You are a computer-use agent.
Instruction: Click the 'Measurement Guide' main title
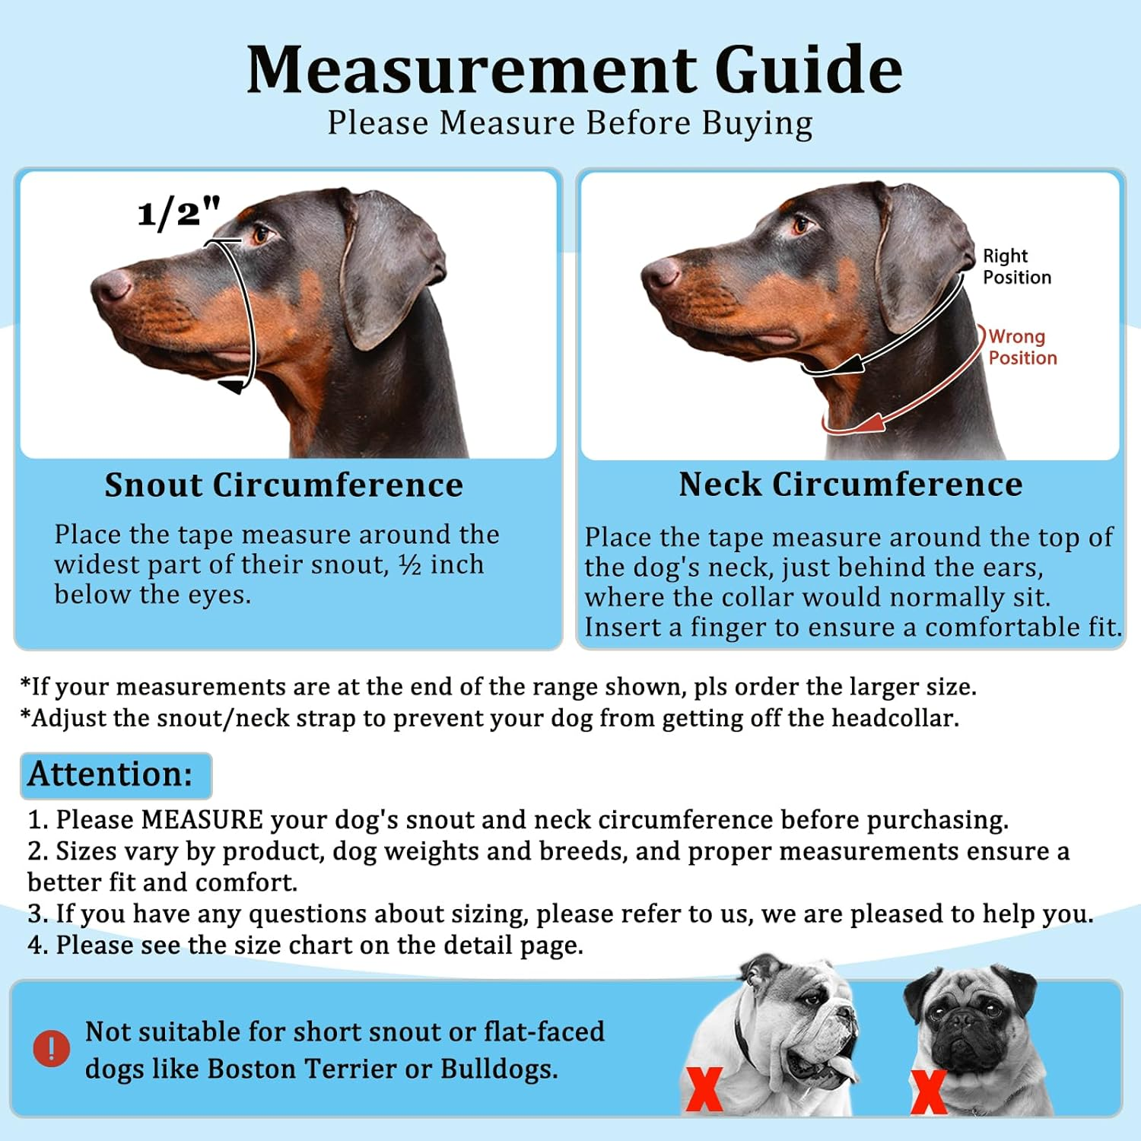tap(574, 70)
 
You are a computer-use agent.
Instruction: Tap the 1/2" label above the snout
tap(179, 213)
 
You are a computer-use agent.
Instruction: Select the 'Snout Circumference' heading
tap(284, 485)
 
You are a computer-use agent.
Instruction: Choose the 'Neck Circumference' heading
tap(850, 484)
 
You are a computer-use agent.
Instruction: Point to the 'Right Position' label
tap(1016, 266)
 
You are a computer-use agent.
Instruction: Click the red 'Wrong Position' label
tap(1022, 347)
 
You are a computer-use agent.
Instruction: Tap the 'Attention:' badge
tap(112, 774)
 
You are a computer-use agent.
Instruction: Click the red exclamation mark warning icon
tap(52, 1048)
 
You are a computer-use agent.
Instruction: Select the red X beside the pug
tap(929, 1091)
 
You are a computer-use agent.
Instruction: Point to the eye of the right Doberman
tap(801, 225)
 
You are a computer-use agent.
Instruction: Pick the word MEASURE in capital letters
tap(202, 820)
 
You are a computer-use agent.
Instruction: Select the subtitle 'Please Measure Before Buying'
tap(570, 123)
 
